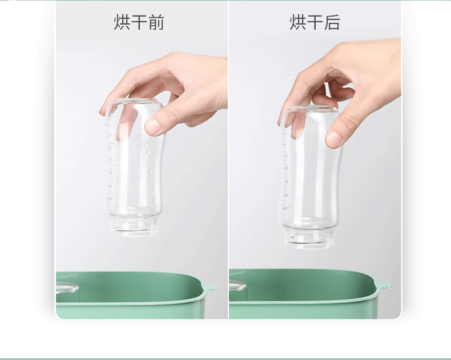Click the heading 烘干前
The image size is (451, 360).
[139, 22]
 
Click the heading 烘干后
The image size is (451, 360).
[315, 22]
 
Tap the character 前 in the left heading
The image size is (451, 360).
[156, 22]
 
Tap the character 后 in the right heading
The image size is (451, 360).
[332, 22]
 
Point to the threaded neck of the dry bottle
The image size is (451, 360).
[308, 237]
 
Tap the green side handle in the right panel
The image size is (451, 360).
[384, 283]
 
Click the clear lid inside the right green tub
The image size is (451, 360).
[237, 285]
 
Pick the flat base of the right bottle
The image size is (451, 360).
[311, 109]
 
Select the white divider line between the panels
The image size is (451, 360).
[228, 160]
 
